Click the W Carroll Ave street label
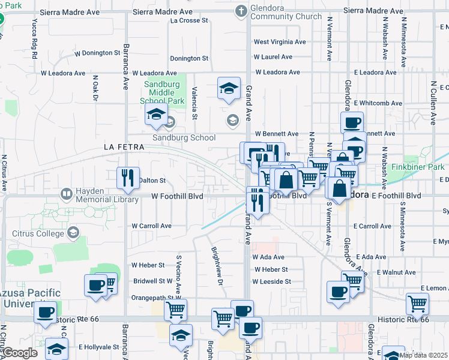pos(152,226)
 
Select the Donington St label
pos(188,59)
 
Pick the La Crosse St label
pos(189,20)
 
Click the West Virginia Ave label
pos(280,42)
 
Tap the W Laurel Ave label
pos(273,57)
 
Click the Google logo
pos(19,353)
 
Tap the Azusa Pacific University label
pos(30,298)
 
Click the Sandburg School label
pos(184,137)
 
